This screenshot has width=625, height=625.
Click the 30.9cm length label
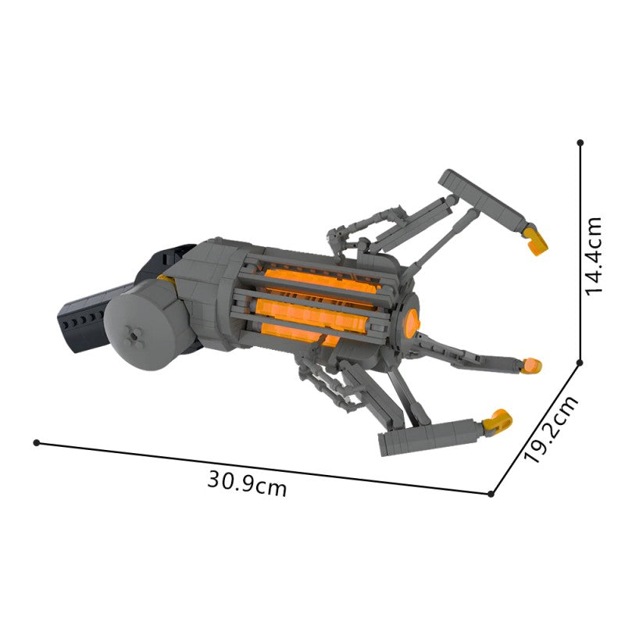pos(247,484)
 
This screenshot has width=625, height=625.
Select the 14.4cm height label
pos(594,256)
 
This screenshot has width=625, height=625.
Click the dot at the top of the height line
pos(580,142)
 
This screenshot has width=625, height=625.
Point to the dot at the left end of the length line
pos(37,442)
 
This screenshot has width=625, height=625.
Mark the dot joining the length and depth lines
pos(491,494)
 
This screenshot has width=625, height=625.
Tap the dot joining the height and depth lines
pos(580,362)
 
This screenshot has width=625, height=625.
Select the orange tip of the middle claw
pos(532,366)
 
